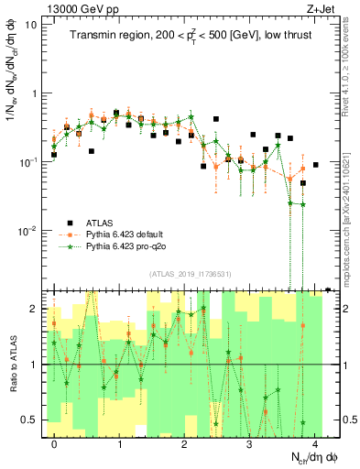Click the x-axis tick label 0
(x=55, y=444)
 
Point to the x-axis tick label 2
(x=185, y=444)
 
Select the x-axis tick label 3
(x=250, y=444)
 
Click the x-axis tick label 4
(x=314, y=444)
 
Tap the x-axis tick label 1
(x=120, y=444)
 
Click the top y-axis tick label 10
(x=30, y=25)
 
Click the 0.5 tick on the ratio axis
(x=29, y=420)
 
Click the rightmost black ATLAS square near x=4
(x=315, y=165)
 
